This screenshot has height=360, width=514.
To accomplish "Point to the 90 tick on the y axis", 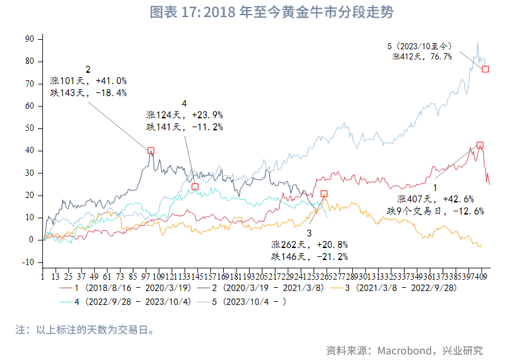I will coord(30,39).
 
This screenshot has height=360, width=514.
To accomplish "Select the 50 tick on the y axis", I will coord(30,128).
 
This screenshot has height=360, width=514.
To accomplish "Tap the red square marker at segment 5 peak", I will coord(486,69).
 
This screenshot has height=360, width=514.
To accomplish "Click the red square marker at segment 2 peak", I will coord(151,151).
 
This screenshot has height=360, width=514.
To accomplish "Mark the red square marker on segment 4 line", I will coord(195,187).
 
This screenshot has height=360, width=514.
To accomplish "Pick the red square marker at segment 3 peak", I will coord(324,194).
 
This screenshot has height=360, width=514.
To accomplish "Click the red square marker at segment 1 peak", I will coord(480,146).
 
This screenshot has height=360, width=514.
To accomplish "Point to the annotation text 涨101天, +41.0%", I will coord(89,81).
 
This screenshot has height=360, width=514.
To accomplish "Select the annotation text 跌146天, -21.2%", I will coord(310,256).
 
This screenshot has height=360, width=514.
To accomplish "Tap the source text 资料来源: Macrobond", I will coord(404,350).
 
